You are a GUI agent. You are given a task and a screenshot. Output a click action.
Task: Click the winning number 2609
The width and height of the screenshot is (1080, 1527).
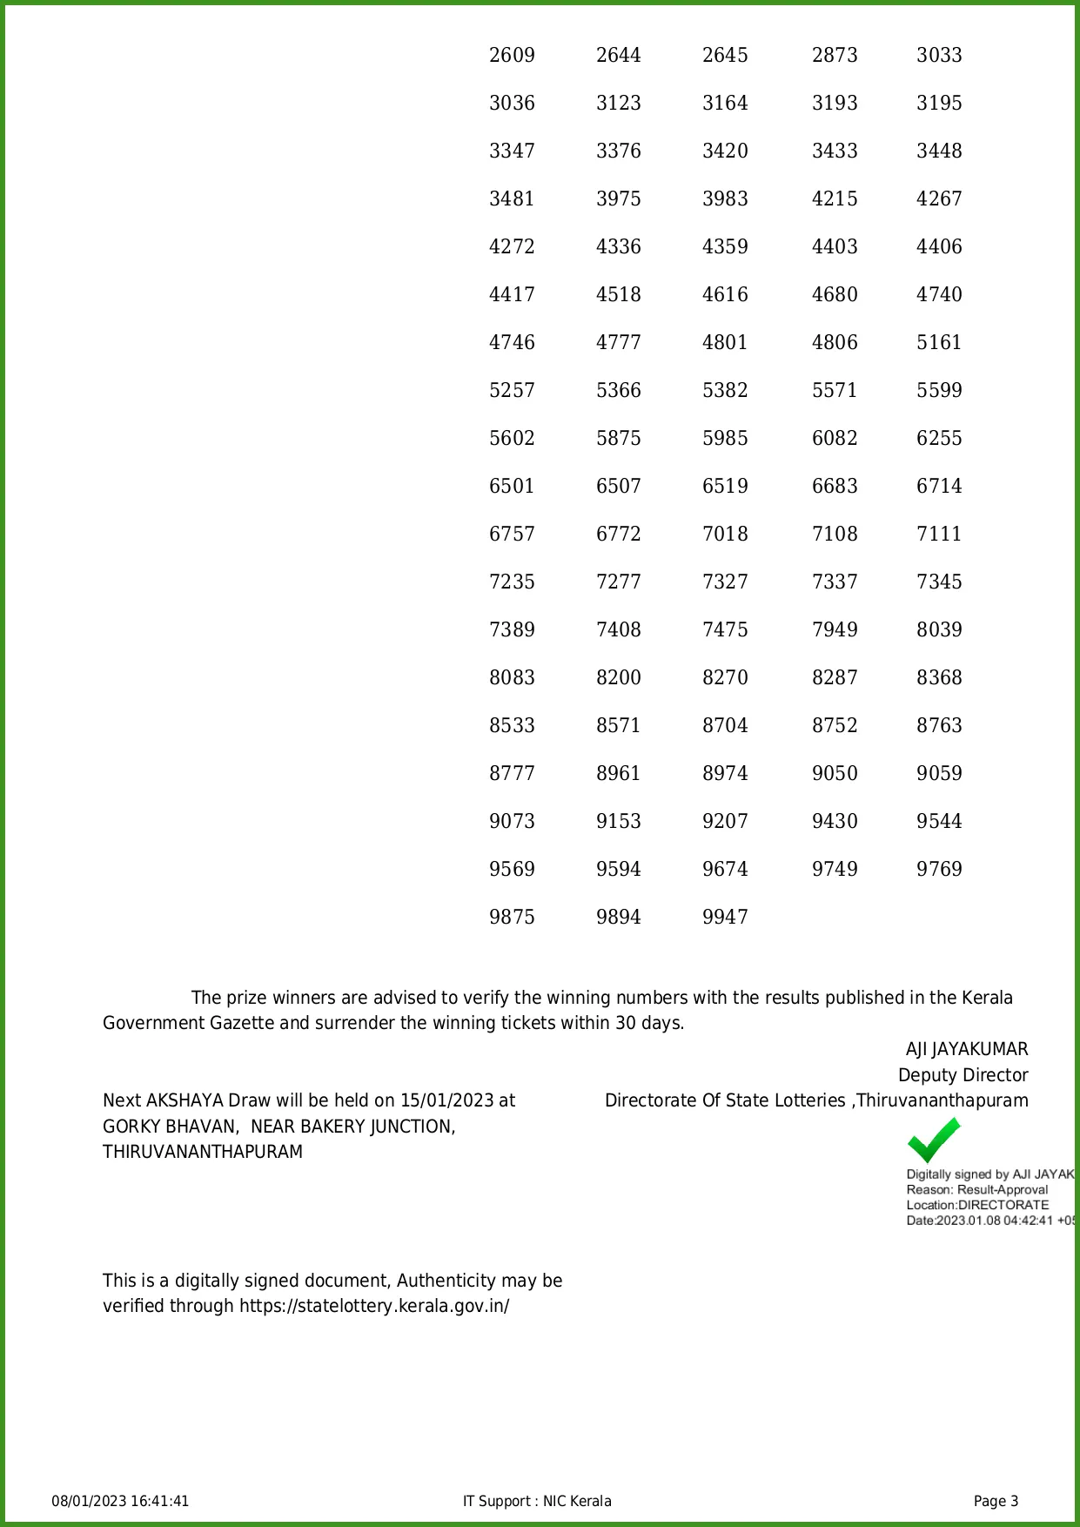pyautogui.click(x=512, y=55)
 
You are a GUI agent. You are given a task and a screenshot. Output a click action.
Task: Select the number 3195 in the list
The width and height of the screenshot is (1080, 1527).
pyautogui.click(x=939, y=103)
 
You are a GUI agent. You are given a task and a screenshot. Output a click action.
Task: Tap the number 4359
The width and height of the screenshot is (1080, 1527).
pyautogui.click(x=725, y=246)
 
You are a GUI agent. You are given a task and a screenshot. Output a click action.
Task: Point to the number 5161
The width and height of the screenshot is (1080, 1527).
pyautogui.click(x=939, y=342)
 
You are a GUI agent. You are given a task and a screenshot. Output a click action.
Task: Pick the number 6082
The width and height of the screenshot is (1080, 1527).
pyautogui.click(x=835, y=438)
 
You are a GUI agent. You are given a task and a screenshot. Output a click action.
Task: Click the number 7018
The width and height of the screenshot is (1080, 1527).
pyautogui.click(x=725, y=534)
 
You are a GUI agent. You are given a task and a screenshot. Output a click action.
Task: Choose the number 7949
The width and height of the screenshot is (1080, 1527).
pyautogui.click(x=835, y=629)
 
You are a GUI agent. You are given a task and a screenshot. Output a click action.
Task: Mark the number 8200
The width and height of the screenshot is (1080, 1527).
pyautogui.click(x=619, y=677)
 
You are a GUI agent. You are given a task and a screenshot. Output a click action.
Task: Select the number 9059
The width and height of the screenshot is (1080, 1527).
pyautogui.click(x=939, y=773)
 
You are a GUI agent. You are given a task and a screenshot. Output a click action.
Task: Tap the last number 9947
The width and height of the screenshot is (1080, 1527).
pyautogui.click(x=725, y=917)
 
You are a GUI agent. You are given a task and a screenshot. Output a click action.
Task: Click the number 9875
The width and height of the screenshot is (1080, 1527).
pyautogui.click(x=512, y=917)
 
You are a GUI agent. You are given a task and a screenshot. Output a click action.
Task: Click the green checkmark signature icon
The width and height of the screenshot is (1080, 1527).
pyautogui.click(x=933, y=1140)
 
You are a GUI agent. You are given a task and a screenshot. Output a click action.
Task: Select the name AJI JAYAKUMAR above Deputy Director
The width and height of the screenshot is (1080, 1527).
pyautogui.click(x=967, y=1049)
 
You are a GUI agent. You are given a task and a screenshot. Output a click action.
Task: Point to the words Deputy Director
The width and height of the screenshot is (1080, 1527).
pyautogui.click(x=963, y=1075)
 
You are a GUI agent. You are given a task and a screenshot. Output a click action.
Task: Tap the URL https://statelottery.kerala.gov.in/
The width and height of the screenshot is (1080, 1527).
pyautogui.click(x=374, y=1306)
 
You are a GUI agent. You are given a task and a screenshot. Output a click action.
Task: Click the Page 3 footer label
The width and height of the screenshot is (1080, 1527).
pyautogui.click(x=996, y=1501)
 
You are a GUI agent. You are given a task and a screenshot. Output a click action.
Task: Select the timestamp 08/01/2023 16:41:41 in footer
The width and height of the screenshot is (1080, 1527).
pyautogui.click(x=120, y=1501)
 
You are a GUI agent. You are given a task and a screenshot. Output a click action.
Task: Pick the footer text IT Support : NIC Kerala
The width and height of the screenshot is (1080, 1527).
pyautogui.click(x=537, y=1501)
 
